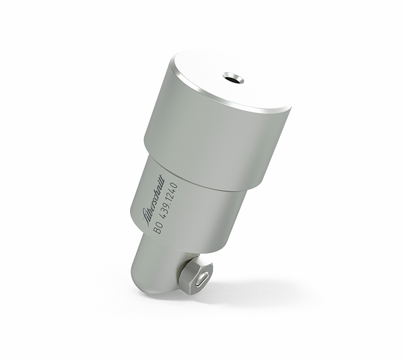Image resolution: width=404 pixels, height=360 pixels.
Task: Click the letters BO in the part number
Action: click(158, 229)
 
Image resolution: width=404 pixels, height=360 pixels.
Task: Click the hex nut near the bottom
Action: click(195, 275)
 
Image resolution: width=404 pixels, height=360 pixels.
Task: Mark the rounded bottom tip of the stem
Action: click(151, 289)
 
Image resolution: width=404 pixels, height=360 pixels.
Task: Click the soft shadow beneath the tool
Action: click(222, 296)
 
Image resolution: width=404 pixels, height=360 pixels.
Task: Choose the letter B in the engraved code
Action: click(158, 232)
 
